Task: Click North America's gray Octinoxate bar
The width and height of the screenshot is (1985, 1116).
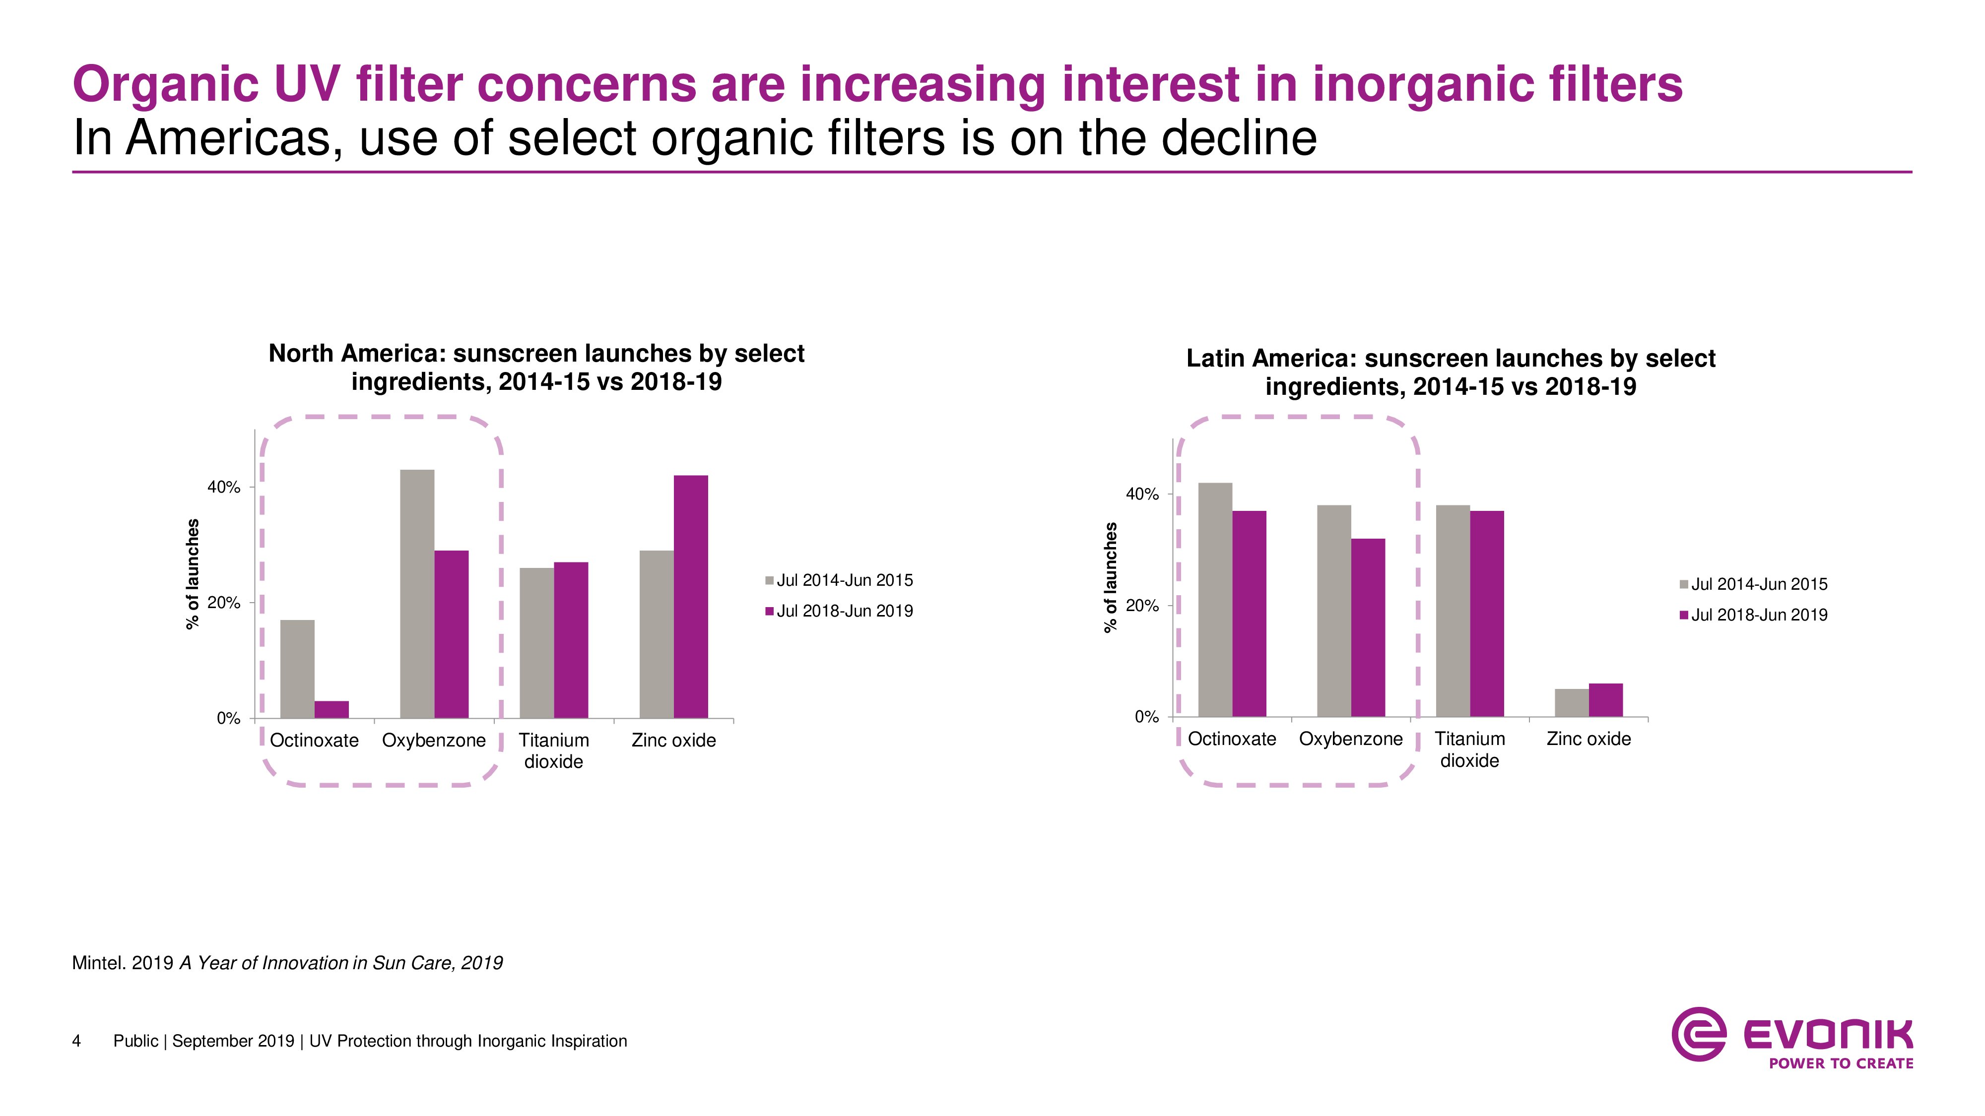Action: pos(297,669)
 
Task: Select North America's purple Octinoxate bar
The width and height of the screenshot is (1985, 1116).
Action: pos(331,709)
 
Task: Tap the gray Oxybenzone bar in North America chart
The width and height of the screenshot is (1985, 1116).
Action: pos(417,594)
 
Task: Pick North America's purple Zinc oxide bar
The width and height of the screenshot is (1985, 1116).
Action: pos(690,597)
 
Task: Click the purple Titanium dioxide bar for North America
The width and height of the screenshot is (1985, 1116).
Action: pos(571,640)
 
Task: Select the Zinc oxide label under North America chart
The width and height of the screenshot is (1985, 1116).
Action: pos(673,740)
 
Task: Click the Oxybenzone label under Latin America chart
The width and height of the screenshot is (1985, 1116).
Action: pos(1351,739)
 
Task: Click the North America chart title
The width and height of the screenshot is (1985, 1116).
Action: pos(536,368)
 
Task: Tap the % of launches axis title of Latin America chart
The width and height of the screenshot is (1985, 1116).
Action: pos(1111,578)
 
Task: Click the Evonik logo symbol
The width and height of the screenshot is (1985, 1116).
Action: pos(1698,1034)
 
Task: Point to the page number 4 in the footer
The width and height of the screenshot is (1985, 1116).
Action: pos(76,1041)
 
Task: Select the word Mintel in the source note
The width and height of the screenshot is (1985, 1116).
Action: pos(98,963)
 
